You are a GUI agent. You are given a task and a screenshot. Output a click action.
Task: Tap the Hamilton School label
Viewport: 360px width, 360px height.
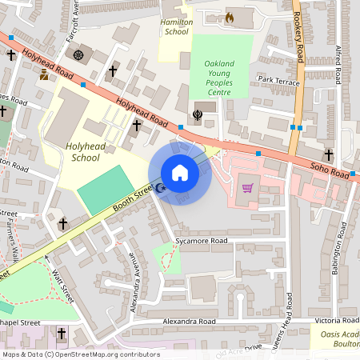175,27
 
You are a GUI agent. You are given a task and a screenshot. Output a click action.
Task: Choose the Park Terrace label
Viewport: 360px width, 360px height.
278,80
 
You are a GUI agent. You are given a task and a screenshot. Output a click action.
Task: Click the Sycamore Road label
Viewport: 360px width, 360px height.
201,240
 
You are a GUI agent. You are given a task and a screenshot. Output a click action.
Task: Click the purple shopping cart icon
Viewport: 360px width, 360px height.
248,189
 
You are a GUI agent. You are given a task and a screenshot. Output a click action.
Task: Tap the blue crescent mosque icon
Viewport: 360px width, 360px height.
160,189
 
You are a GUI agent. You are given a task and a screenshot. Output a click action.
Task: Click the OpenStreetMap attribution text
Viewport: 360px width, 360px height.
80,354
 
